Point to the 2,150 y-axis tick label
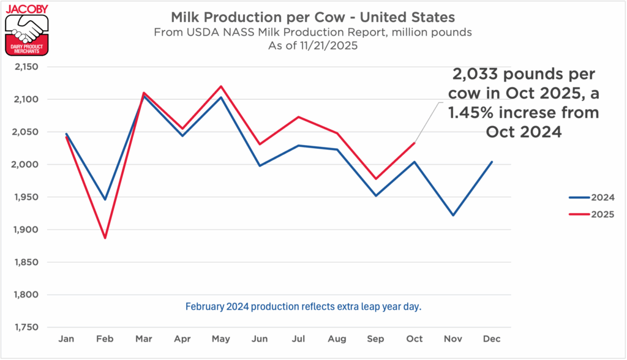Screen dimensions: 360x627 coord(26,67)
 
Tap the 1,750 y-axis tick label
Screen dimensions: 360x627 coord(26,328)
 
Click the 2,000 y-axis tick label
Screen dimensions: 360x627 coord(26,165)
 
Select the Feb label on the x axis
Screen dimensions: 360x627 coord(105,339)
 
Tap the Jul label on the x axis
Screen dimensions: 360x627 coord(298,339)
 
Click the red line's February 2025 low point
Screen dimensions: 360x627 coord(105,238)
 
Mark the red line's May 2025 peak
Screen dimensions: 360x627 coord(221,86)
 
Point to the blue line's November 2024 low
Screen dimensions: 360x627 coord(453,216)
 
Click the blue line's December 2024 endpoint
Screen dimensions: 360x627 coord(492,162)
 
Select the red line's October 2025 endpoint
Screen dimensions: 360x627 coord(415,143)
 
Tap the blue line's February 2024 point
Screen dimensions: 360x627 coord(105,200)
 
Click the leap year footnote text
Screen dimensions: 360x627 coord(303,306)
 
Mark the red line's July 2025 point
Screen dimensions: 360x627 coord(298,117)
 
